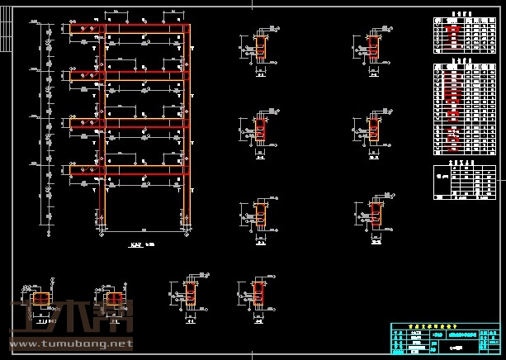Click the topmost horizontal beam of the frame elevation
132,30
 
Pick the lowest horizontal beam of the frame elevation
132,170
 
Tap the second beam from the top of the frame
132,76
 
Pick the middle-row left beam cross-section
262,130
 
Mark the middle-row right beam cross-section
376,130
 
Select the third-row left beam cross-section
262,214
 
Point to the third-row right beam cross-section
376,214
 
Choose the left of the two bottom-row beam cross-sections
191,292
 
